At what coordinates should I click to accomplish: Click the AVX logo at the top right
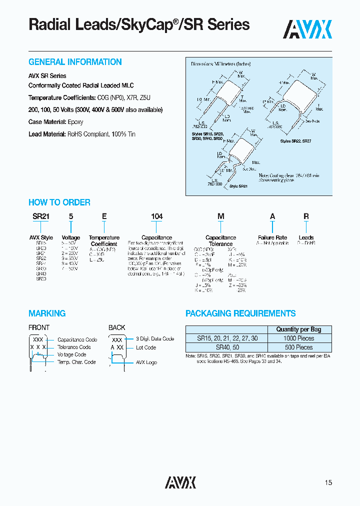pos(307,29)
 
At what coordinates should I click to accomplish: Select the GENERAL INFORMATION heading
pos(75,62)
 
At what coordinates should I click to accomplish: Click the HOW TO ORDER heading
pos(59,202)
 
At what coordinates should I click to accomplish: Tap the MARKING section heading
pos(47,313)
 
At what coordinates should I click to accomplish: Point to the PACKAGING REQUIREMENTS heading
pos(240,313)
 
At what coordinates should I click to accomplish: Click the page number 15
pos(328,482)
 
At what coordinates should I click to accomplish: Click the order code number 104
pos(157,216)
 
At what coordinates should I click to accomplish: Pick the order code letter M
pos(220,216)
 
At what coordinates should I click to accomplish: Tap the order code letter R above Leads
pos(306,216)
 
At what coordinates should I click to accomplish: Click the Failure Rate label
pos(272,237)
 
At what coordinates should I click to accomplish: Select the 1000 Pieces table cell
pos(298,338)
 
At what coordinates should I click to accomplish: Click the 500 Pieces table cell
pos(298,346)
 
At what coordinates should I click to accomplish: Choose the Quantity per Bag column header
pos(298,329)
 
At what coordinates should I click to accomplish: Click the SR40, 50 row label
pos(227,346)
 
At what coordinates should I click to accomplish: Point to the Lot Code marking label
pos(146,347)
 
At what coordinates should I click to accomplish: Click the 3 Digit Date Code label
pos(155,338)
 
